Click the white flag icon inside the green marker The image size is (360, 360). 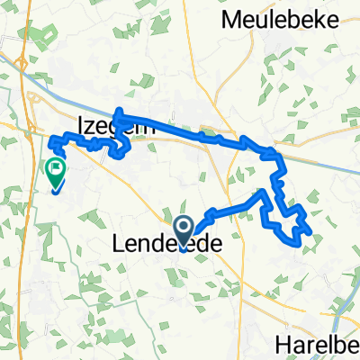pyautogui.click(x=56, y=167)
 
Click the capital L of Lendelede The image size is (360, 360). pyautogui.click(x=120, y=243)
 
